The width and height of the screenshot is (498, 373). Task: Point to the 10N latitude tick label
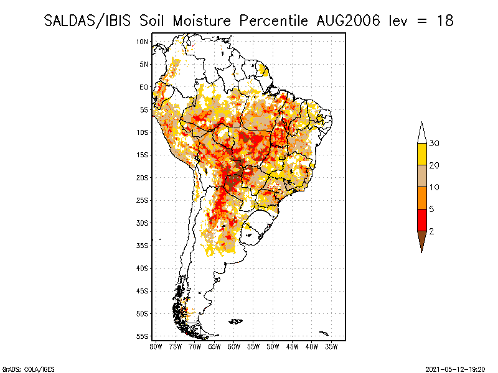[143, 42]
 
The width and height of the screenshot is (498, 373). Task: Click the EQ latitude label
[144, 87]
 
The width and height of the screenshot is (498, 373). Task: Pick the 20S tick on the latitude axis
[143, 178]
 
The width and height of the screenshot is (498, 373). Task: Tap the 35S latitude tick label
[143, 246]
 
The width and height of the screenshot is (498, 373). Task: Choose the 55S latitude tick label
[143, 336]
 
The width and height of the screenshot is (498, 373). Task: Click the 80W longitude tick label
[156, 346]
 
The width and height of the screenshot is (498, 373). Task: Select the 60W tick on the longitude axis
[234, 346]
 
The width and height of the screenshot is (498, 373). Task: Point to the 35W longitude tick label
[331, 346]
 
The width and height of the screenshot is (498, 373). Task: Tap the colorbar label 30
[435, 144]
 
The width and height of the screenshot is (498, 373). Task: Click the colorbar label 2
[432, 231]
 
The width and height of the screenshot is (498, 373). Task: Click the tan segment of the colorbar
[422, 176]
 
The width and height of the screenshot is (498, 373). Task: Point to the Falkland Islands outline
[236, 321]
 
